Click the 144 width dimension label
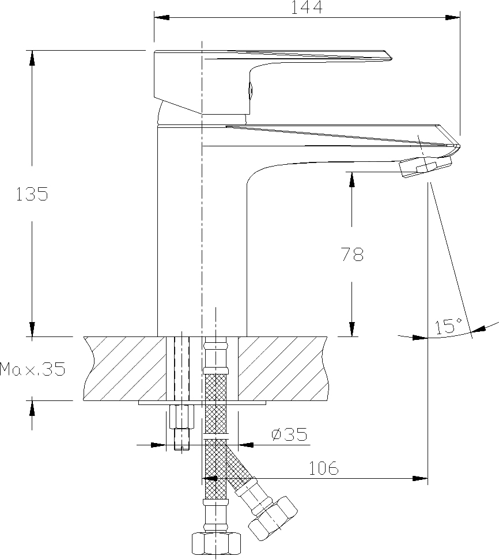click(x=307, y=7)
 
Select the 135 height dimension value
click(x=32, y=194)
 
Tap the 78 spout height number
click(x=353, y=254)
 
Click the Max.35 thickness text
click(x=33, y=369)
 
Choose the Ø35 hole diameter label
click(x=289, y=434)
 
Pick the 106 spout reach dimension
click(x=323, y=468)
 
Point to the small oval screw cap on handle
click(x=251, y=90)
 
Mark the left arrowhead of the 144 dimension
click(x=161, y=17)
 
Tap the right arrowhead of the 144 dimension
click(x=452, y=17)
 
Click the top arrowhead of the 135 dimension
click(x=32, y=58)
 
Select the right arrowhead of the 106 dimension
click(x=420, y=478)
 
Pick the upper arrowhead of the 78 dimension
click(x=352, y=179)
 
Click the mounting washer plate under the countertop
click(x=202, y=403)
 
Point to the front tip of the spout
click(x=459, y=146)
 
